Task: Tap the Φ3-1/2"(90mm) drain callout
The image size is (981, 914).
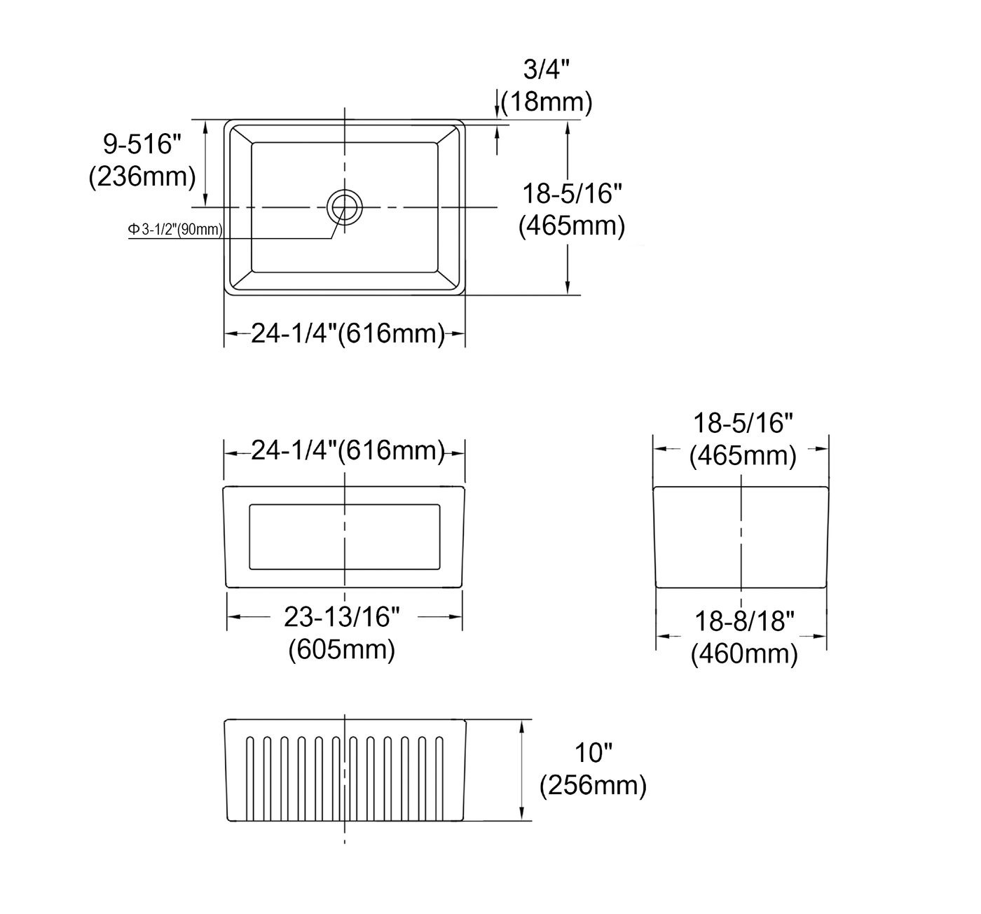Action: pyautogui.click(x=175, y=230)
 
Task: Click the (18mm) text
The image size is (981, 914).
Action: pyautogui.click(x=547, y=102)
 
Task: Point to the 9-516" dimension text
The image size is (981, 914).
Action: pyautogui.click(x=142, y=144)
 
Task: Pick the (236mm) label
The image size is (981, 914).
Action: pyautogui.click(x=142, y=176)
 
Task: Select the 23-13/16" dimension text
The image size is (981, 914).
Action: pyautogui.click(x=341, y=617)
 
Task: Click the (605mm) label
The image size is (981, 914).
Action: pyautogui.click(x=342, y=649)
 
